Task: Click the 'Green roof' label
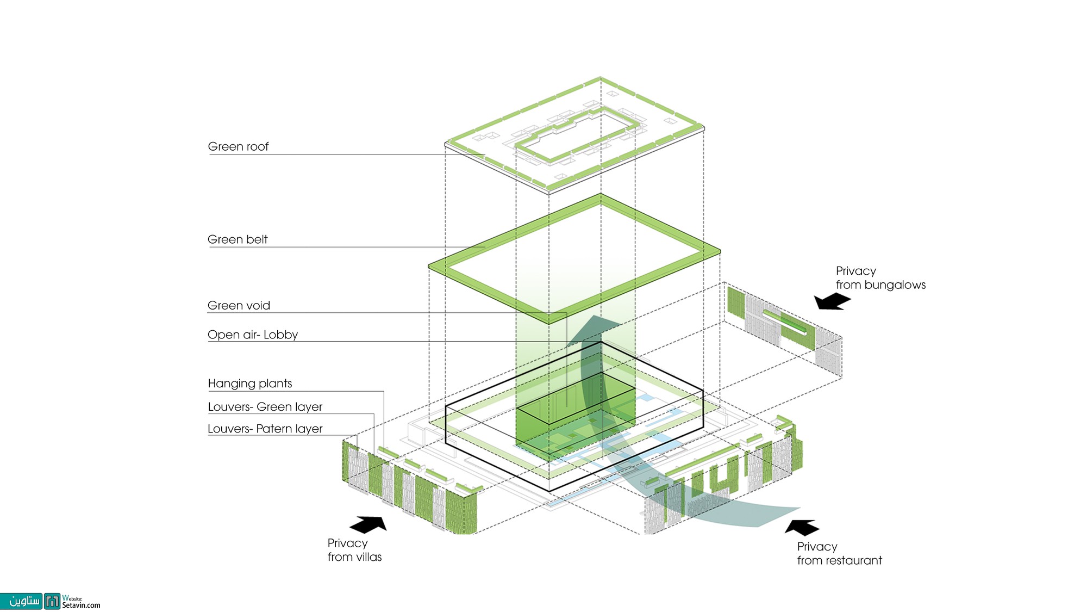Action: [238, 146]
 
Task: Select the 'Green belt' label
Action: [238, 239]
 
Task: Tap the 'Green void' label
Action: [239, 305]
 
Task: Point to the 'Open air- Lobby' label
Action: [253, 335]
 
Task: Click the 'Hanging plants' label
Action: [250, 384]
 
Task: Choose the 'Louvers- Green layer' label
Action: [265, 407]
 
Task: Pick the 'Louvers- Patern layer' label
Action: [265, 429]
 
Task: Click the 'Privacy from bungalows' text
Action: [880, 278]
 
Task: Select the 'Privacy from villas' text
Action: [354, 550]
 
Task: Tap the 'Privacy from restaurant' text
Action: [839, 553]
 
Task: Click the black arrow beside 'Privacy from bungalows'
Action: [832, 301]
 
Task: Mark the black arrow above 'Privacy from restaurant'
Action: [802, 527]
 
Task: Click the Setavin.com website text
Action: [81, 605]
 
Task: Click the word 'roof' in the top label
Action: [257, 146]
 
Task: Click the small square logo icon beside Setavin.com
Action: [52, 601]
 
